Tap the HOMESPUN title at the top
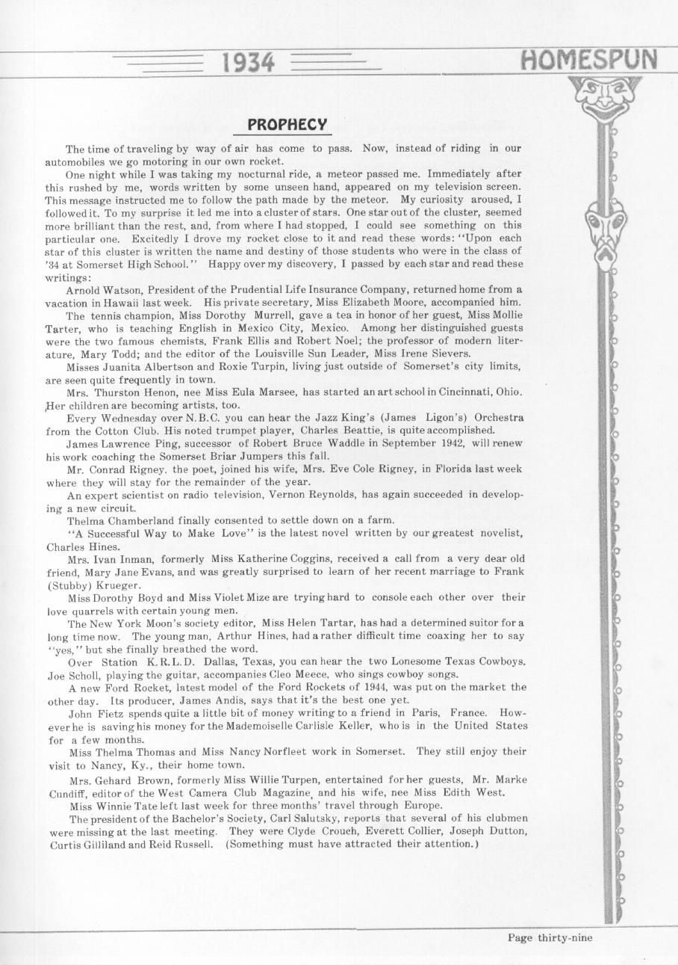590,58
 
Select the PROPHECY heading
287,123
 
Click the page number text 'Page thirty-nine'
550,937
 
